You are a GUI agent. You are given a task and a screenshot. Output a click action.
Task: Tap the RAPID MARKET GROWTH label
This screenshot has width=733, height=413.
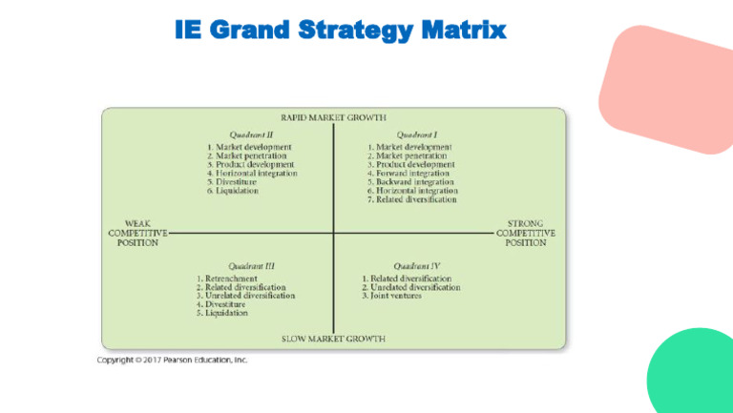click(333, 117)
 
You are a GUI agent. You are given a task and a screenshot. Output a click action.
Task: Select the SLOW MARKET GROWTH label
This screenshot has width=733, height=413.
click(333, 339)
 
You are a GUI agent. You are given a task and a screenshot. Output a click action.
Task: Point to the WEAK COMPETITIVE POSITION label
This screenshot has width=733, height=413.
click(137, 233)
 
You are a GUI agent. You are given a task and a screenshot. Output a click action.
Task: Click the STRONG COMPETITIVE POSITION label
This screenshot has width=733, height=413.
click(525, 233)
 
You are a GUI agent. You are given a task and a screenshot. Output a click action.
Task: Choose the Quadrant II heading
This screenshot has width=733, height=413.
click(252, 134)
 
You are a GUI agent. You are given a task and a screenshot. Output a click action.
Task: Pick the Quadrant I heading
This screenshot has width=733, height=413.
click(417, 134)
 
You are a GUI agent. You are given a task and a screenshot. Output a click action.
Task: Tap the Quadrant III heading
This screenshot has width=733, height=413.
click(252, 265)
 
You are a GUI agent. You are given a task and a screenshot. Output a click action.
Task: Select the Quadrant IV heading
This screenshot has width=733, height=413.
click(417, 265)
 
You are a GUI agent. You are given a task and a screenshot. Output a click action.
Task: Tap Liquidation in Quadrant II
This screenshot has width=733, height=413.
click(238, 191)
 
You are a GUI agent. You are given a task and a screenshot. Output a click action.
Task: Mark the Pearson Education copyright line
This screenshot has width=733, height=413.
click(172, 361)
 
